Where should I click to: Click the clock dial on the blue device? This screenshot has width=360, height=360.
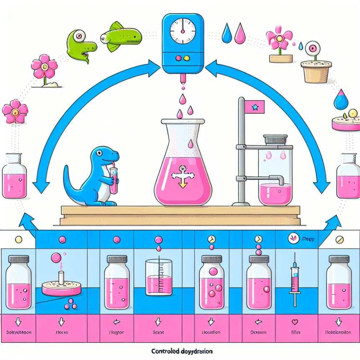coord(183,31)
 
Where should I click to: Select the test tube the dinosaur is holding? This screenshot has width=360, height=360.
coord(113,181)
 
